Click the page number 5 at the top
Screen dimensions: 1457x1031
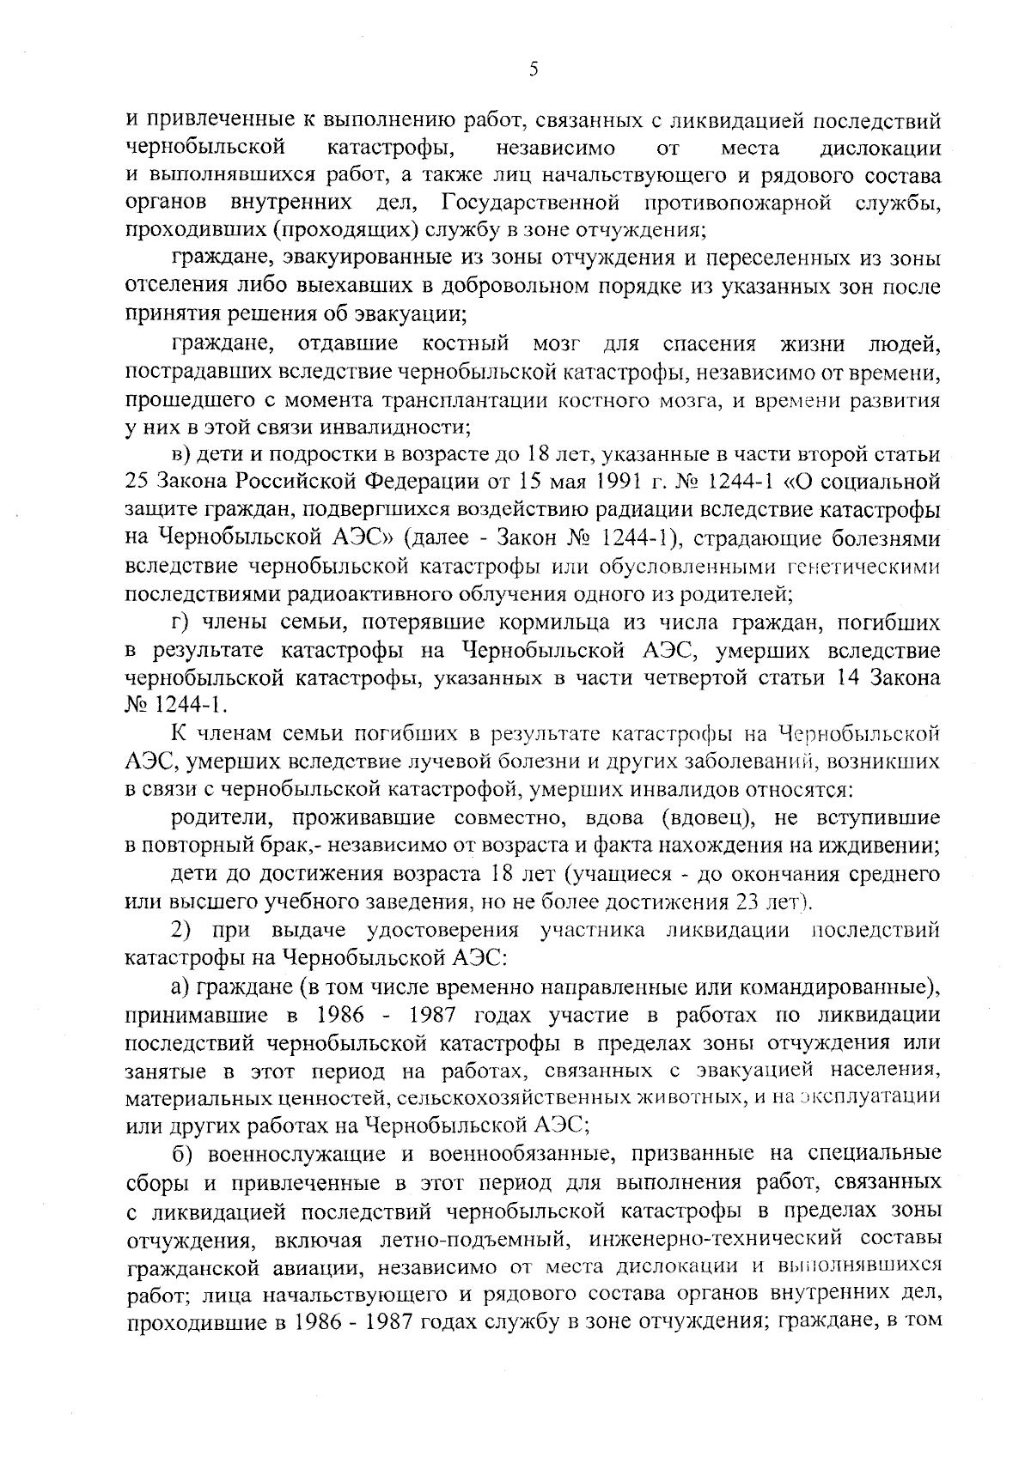coord(534,70)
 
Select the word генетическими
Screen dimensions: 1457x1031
coord(863,567)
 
